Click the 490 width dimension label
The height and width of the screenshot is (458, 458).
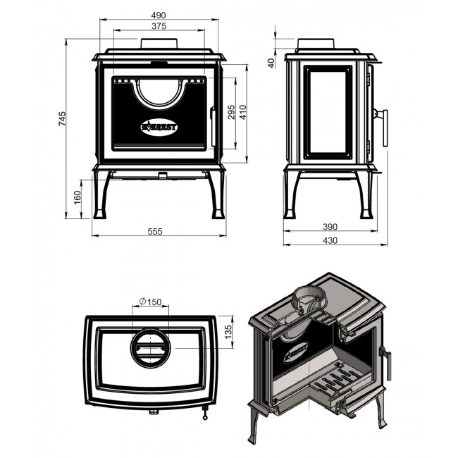[x=159, y=15]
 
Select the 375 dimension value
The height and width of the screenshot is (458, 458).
[x=159, y=26]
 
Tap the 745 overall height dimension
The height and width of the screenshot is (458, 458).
[x=62, y=118]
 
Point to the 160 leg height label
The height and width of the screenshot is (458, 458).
[x=77, y=197]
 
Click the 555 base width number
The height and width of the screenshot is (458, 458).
[x=155, y=231]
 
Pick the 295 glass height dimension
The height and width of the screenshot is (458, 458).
[x=231, y=112]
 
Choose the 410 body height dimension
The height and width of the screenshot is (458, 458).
[x=243, y=112]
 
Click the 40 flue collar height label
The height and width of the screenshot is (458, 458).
[x=272, y=63]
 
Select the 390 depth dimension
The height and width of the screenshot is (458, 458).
[x=330, y=227]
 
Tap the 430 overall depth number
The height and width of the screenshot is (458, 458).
[x=330, y=240]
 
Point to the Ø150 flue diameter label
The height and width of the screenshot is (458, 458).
[x=150, y=302]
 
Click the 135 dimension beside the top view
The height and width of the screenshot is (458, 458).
[x=228, y=332]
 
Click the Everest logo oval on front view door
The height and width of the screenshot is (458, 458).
[x=159, y=128]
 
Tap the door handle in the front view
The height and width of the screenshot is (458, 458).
[x=213, y=126]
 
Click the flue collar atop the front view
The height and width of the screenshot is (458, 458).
[x=159, y=43]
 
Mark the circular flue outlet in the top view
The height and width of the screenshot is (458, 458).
[x=150, y=347]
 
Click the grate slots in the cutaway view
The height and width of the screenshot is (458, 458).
[x=336, y=380]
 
